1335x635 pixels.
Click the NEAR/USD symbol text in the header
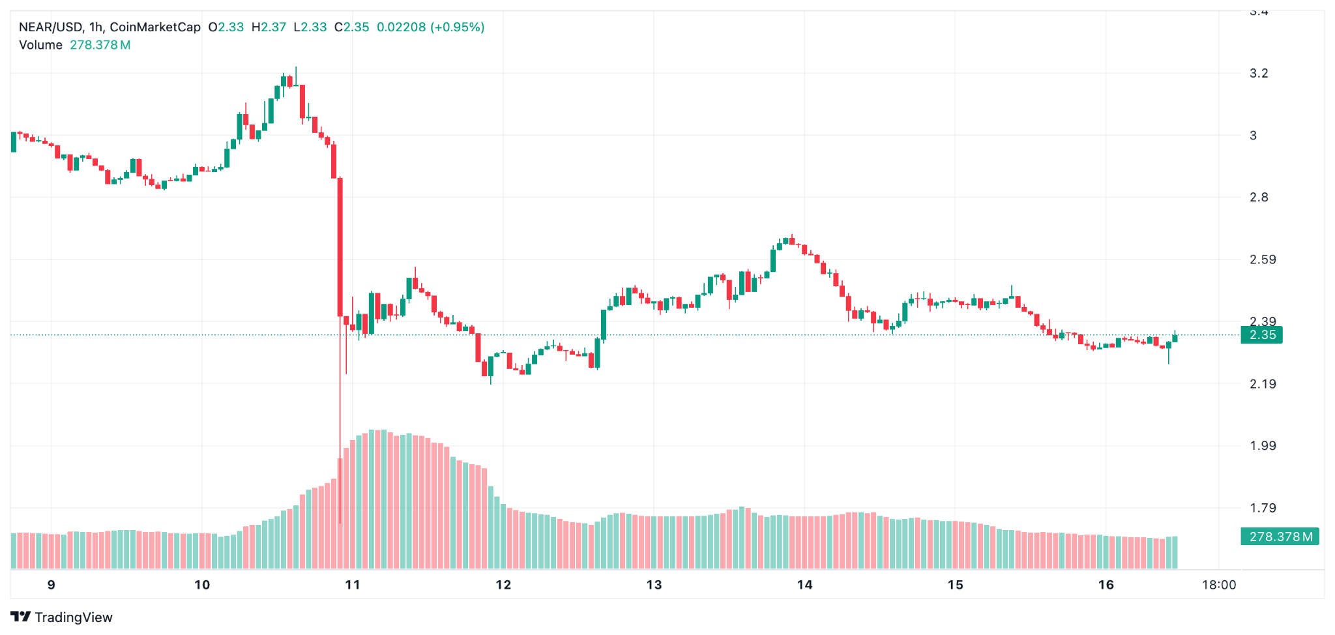point(51,27)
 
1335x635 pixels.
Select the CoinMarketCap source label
point(155,27)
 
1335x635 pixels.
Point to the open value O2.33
point(226,27)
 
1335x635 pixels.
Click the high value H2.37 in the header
point(269,27)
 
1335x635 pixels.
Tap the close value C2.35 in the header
point(351,27)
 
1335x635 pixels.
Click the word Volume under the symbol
point(40,45)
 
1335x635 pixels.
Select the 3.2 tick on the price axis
point(1258,73)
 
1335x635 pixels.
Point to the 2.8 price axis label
point(1258,198)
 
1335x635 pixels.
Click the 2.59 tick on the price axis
point(1262,259)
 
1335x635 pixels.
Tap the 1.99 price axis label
point(1262,446)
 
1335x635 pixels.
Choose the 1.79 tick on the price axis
point(1262,508)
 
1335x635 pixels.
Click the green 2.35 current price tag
point(1261,335)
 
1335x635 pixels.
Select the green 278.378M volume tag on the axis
point(1280,537)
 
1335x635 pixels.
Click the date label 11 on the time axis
point(353,585)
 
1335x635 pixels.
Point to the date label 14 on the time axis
point(804,585)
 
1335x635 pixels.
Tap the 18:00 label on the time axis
point(1218,585)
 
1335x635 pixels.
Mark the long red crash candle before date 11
point(340,248)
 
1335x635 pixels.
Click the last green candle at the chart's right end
point(1175,338)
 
